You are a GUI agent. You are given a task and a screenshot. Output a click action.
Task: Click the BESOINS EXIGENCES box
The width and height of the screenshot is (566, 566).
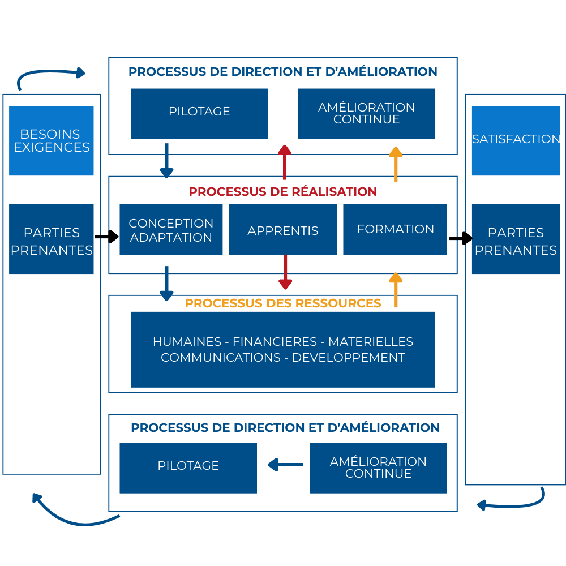tap(51, 141)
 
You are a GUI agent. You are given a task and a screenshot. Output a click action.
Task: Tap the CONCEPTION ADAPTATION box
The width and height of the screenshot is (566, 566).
tap(171, 230)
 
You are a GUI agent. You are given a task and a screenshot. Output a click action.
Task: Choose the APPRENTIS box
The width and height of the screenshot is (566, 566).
tap(282, 230)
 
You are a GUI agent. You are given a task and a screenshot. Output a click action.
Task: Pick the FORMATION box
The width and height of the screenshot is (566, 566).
tap(395, 229)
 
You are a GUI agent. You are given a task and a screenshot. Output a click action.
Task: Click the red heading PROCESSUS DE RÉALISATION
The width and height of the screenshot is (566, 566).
tap(283, 191)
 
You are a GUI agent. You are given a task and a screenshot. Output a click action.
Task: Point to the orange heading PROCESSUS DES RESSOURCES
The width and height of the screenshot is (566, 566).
tap(283, 303)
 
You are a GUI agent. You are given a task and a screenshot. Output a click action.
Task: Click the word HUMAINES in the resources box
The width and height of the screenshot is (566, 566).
tap(187, 342)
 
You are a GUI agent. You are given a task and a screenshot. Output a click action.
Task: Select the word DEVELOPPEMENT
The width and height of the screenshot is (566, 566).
tap(349, 358)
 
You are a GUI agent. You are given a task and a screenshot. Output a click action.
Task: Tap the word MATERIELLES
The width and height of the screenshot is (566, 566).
tap(371, 342)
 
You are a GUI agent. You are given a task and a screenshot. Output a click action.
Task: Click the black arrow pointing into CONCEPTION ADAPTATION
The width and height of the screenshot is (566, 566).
tap(106, 237)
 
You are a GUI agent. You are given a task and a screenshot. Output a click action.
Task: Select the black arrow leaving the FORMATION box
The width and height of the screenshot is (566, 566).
tap(460, 238)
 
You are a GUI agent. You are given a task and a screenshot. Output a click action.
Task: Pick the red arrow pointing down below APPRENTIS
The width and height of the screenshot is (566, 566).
tap(285, 272)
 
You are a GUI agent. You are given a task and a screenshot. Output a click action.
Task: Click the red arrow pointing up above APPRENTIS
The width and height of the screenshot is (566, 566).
tap(285, 162)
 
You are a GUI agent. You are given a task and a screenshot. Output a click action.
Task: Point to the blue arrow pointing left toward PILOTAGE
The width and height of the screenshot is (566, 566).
tap(285, 465)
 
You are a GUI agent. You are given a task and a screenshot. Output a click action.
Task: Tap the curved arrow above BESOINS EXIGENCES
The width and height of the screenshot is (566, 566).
tap(51, 76)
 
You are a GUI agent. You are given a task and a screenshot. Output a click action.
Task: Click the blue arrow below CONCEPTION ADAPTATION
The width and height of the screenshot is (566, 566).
tap(166, 284)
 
